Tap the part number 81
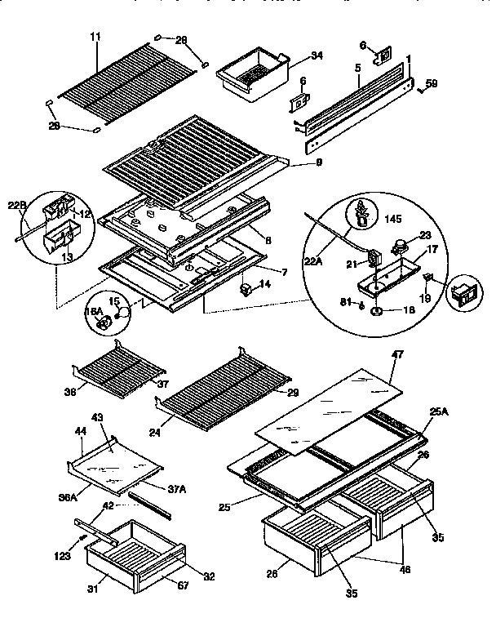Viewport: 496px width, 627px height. coord(347,303)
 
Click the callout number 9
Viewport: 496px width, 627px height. coord(318,163)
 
